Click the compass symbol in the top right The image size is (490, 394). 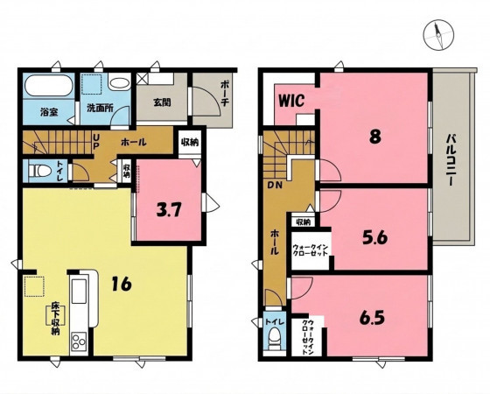click(x=438, y=35)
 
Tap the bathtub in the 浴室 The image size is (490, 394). click(x=49, y=86)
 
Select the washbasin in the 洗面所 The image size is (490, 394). click(x=119, y=83)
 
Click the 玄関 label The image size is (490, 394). click(x=162, y=102)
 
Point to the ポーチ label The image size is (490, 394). click(x=225, y=94)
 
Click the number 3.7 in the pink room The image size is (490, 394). click(x=168, y=210)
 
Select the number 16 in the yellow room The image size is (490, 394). click(x=122, y=284)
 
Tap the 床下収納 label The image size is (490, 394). click(x=55, y=319)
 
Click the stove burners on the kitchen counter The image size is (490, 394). click(x=79, y=341)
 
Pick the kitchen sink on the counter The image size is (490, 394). click(x=79, y=291)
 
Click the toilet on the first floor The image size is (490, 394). click(x=39, y=171)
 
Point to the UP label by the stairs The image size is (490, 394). click(x=95, y=142)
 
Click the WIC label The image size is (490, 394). click(x=291, y=101)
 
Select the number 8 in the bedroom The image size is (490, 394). click(x=375, y=137)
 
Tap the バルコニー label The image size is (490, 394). click(x=450, y=160)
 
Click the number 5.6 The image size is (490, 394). click(x=375, y=238)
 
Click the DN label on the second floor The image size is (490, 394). click(x=275, y=185)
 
